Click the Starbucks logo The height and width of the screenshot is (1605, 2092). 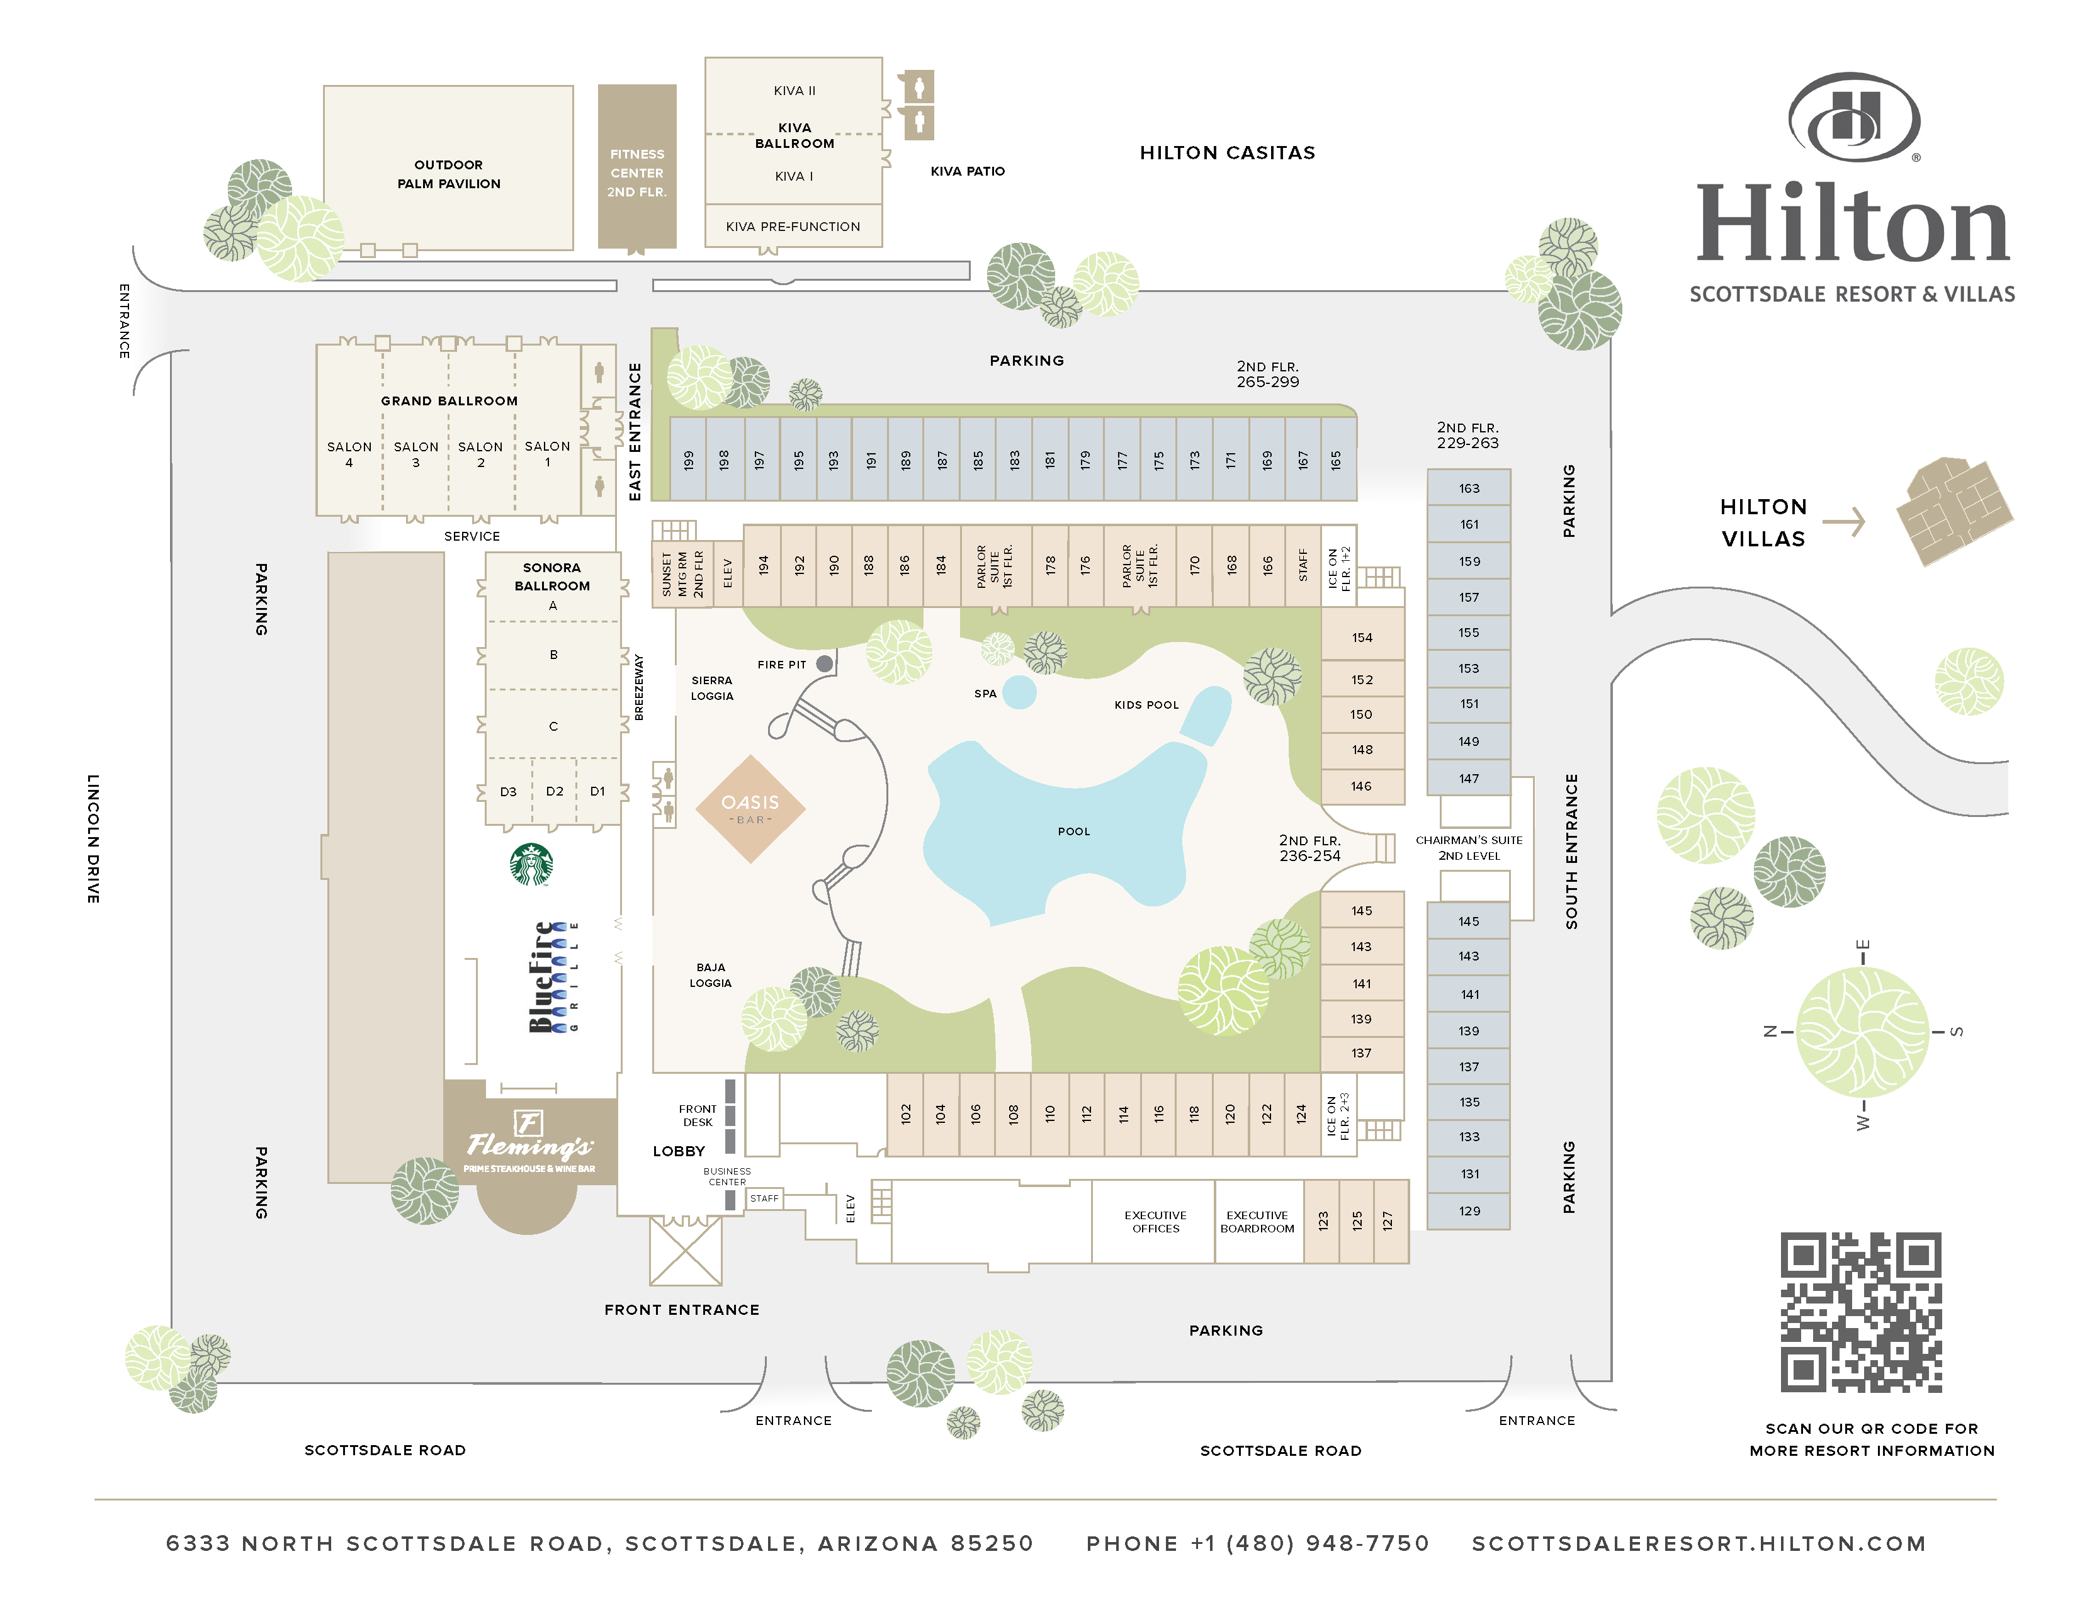[x=531, y=865]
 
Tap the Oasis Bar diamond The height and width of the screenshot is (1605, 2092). [x=750, y=808]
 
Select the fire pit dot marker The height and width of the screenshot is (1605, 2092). [x=825, y=663]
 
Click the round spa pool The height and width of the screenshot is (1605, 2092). [x=1020, y=692]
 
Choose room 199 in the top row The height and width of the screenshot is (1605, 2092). [x=688, y=459]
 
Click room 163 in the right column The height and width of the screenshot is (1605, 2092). [x=1469, y=488]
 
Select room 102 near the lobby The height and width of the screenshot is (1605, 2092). [x=905, y=1114]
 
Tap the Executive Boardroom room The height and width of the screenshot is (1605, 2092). [x=1258, y=1222]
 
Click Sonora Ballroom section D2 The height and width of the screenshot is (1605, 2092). [x=554, y=791]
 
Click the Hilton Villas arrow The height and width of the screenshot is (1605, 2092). [x=1845, y=522]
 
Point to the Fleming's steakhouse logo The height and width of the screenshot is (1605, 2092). [x=529, y=1142]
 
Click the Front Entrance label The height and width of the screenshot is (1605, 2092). [x=681, y=1310]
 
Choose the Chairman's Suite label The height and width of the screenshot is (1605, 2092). [x=1469, y=847]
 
